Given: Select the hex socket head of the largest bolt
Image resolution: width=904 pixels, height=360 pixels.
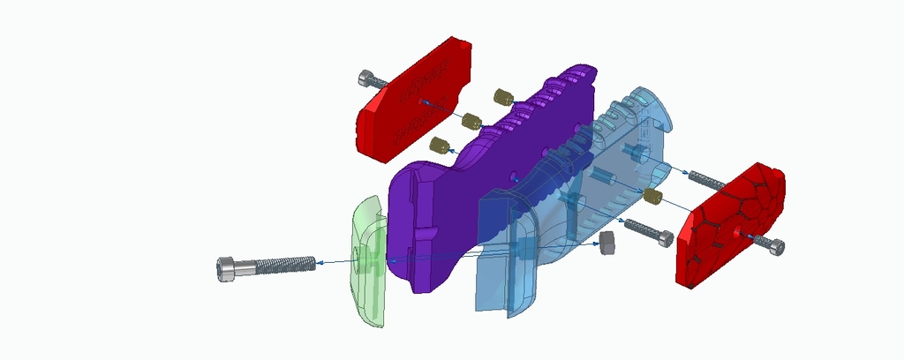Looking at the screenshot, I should [227, 268].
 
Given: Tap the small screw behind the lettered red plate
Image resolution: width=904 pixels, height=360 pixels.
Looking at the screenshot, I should [373, 80].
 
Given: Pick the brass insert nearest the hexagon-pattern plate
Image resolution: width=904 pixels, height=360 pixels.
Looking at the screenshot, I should [652, 196].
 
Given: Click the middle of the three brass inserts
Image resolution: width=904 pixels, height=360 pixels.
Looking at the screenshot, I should [471, 120].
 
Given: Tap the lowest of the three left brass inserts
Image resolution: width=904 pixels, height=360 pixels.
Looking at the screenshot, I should [439, 144].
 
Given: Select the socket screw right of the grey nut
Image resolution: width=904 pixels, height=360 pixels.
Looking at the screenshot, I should [649, 232].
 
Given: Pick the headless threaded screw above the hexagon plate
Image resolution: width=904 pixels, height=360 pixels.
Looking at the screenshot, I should [706, 181].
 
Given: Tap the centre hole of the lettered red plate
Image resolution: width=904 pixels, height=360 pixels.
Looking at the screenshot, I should [421, 101].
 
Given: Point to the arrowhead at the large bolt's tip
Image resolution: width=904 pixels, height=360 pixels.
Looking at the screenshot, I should [319, 262].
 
